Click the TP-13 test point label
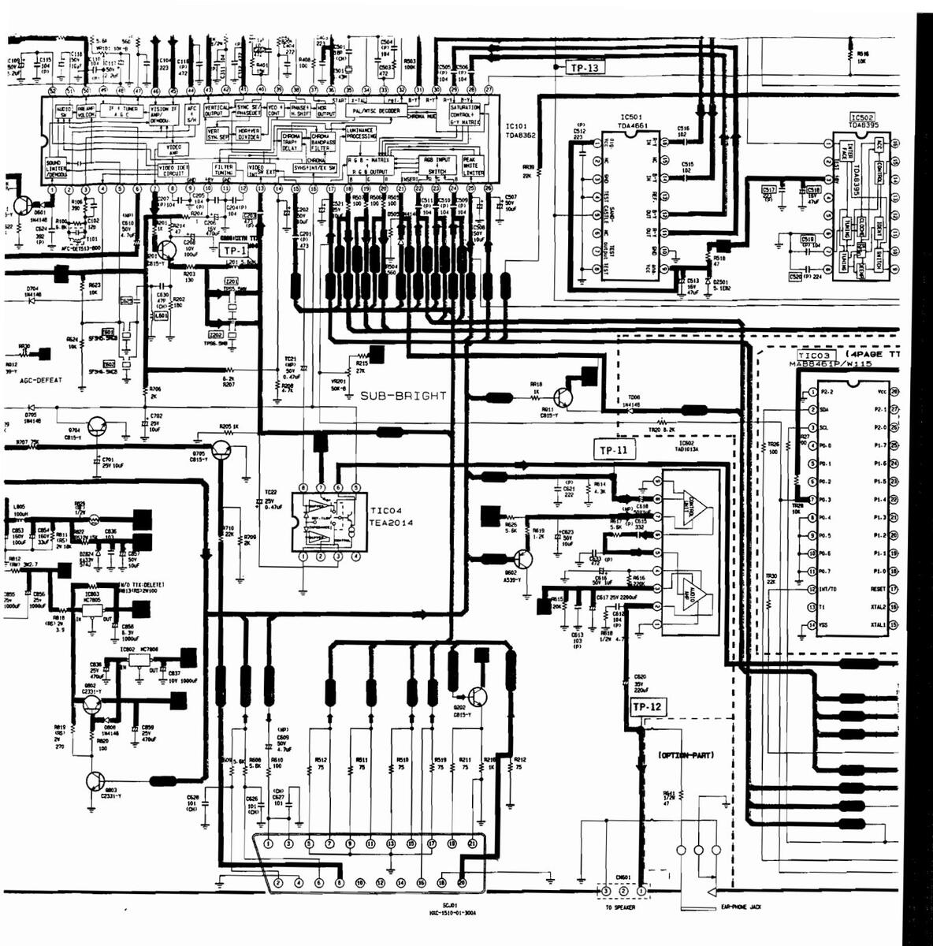(x=584, y=68)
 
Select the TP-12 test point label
(x=646, y=707)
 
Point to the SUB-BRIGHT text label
(x=403, y=396)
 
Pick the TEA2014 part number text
(x=391, y=522)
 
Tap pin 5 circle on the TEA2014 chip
(x=356, y=487)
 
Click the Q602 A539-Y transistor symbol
(x=522, y=558)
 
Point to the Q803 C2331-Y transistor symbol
(x=95, y=781)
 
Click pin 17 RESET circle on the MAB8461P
(x=894, y=589)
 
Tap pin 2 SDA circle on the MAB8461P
(x=812, y=409)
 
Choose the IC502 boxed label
(x=862, y=117)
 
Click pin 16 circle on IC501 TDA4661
(x=665, y=143)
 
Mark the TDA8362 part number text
(x=521, y=136)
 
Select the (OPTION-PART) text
(x=686, y=755)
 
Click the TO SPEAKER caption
(x=619, y=907)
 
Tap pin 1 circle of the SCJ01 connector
(x=269, y=844)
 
